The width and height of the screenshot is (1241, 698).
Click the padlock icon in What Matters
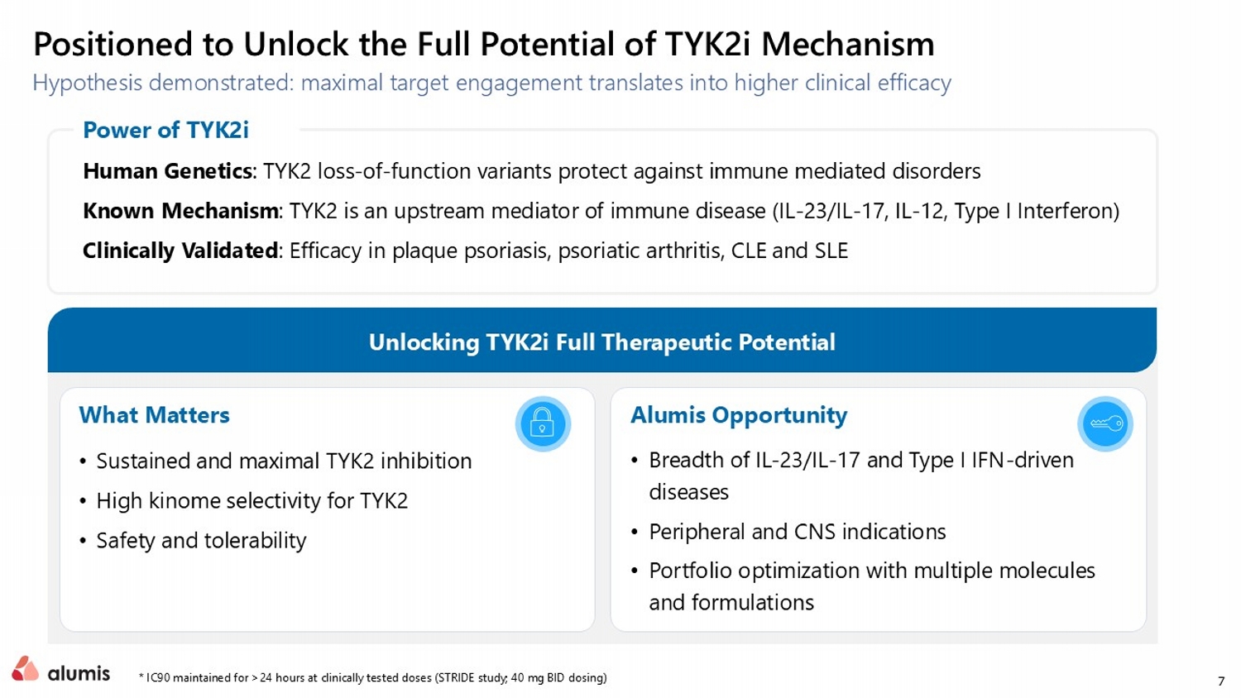[x=543, y=423]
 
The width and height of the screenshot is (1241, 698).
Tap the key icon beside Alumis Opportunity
[x=1106, y=423]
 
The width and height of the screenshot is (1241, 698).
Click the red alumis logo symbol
[x=25, y=668]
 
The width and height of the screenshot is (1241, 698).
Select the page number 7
[x=1221, y=681]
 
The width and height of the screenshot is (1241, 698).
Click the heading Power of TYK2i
[x=165, y=130]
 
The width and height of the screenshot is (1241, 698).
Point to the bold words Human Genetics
[x=167, y=171]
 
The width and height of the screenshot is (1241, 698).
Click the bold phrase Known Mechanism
[x=180, y=211]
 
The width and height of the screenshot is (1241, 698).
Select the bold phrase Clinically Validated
[x=180, y=251]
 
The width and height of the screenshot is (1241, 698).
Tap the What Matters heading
[x=154, y=415]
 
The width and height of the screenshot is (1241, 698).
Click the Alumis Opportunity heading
[x=739, y=415]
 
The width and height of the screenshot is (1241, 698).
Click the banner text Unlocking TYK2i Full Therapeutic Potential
[x=602, y=342]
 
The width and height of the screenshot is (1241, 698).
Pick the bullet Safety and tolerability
[x=201, y=541]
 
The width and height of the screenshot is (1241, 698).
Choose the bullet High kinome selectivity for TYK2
[x=252, y=501]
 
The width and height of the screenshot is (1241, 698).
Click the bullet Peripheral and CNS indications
[x=798, y=532]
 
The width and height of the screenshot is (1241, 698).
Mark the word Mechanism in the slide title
[x=848, y=44]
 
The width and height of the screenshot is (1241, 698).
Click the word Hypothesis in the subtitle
[x=87, y=83]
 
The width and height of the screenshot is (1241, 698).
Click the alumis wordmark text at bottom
[x=79, y=673]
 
